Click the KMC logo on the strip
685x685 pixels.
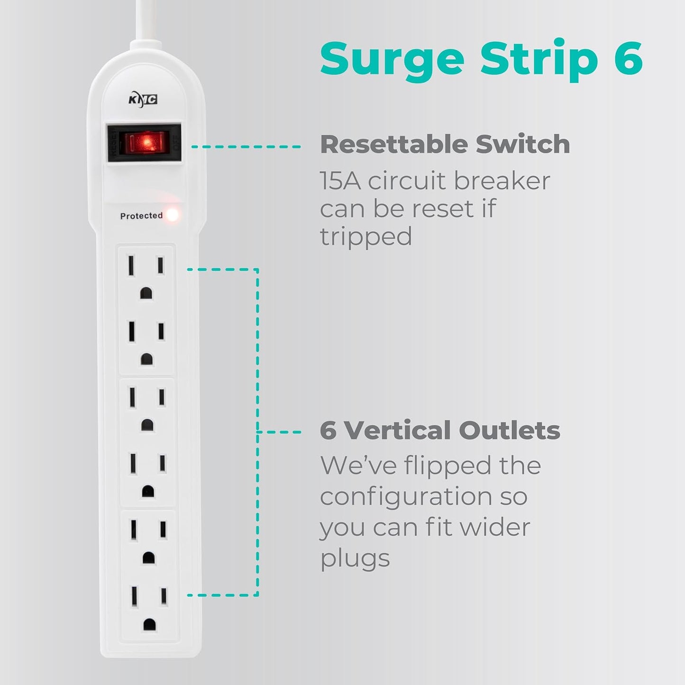point(143,100)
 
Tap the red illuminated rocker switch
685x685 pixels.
point(143,143)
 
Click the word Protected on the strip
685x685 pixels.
point(141,216)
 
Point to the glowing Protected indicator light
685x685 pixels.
point(173,215)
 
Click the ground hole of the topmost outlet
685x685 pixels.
point(146,294)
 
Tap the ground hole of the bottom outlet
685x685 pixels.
point(149,624)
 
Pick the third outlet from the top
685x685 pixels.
point(147,408)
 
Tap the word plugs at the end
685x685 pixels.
point(355,558)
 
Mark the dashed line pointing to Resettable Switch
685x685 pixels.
point(246,147)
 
